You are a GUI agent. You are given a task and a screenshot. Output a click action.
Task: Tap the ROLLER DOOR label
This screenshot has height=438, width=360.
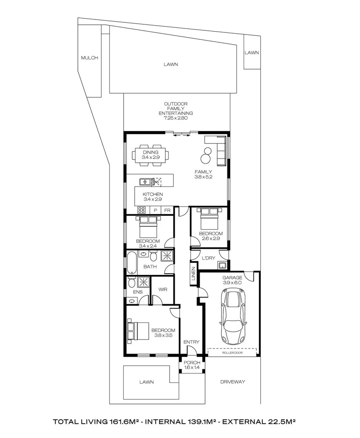click(x=232, y=353)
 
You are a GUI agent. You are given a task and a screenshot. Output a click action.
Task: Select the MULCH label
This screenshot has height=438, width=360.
click(x=90, y=58)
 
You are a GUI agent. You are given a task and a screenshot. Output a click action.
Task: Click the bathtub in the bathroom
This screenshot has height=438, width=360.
click(x=132, y=262)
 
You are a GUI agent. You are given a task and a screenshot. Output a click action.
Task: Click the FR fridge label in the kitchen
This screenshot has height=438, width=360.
click(x=167, y=210)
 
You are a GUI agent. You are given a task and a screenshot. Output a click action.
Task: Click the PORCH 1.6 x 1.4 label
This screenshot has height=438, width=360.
click(x=192, y=365)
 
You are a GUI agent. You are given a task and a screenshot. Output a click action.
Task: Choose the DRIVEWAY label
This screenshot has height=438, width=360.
click(x=233, y=382)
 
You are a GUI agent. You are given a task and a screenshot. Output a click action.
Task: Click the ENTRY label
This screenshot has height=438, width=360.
click(x=191, y=342)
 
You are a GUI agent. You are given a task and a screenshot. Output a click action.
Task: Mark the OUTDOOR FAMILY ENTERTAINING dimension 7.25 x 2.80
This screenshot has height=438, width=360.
click(x=176, y=118)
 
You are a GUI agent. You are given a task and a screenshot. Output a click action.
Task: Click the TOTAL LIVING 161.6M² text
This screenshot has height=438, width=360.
click(x=95, y=422)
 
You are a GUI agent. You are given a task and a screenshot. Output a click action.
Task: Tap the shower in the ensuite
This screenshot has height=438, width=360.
click(x=143, y=282)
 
